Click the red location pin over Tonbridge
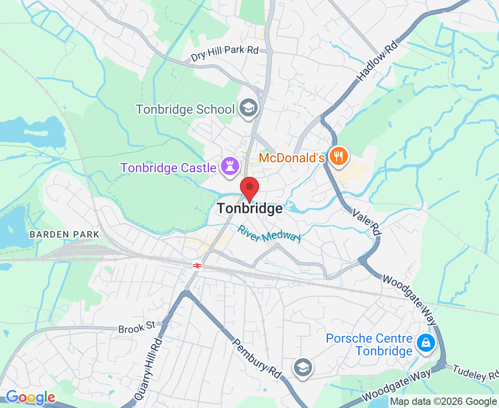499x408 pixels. pyautogui.click(x=249, y=188)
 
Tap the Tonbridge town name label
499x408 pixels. pyautogui.click(x=250, y=209)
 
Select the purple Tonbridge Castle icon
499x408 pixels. pyautogui.click(x=230, y=166)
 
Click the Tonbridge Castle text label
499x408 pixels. pyautogui.click(x=168, y=168)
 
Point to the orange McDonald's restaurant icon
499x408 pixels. pyautogui.click(x=338, y=156)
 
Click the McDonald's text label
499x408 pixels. pyautogui.click(x=292, y=158)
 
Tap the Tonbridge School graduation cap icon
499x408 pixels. pyautogui.click(x=249, y=108)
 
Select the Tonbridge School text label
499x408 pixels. pyautogui.click(x=186, y=109)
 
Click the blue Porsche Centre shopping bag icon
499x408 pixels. pyautogui.click(x=426, y=343)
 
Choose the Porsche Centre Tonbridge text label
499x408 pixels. pyautogui.click(x=369, y=345)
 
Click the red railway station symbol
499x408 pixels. pyautogui.click(x=197, y=266)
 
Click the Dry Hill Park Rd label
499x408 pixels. pyautogui.click(x=225, y=53)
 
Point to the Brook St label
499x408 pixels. pyautogui.click(x=137, y=327)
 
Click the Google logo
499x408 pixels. pyautogui.click(x=30, y=398)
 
